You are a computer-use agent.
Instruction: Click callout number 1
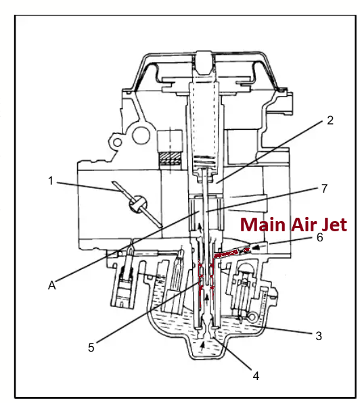point(51,181)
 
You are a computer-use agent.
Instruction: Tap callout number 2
point(330,120)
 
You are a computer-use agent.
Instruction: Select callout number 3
point(319,336)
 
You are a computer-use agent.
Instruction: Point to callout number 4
point(256,376)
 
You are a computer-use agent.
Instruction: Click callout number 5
point(91,348)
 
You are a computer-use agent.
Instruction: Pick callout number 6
point(319,237)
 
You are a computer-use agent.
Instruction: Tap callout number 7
point(325,189)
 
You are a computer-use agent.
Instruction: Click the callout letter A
point(52,285)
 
